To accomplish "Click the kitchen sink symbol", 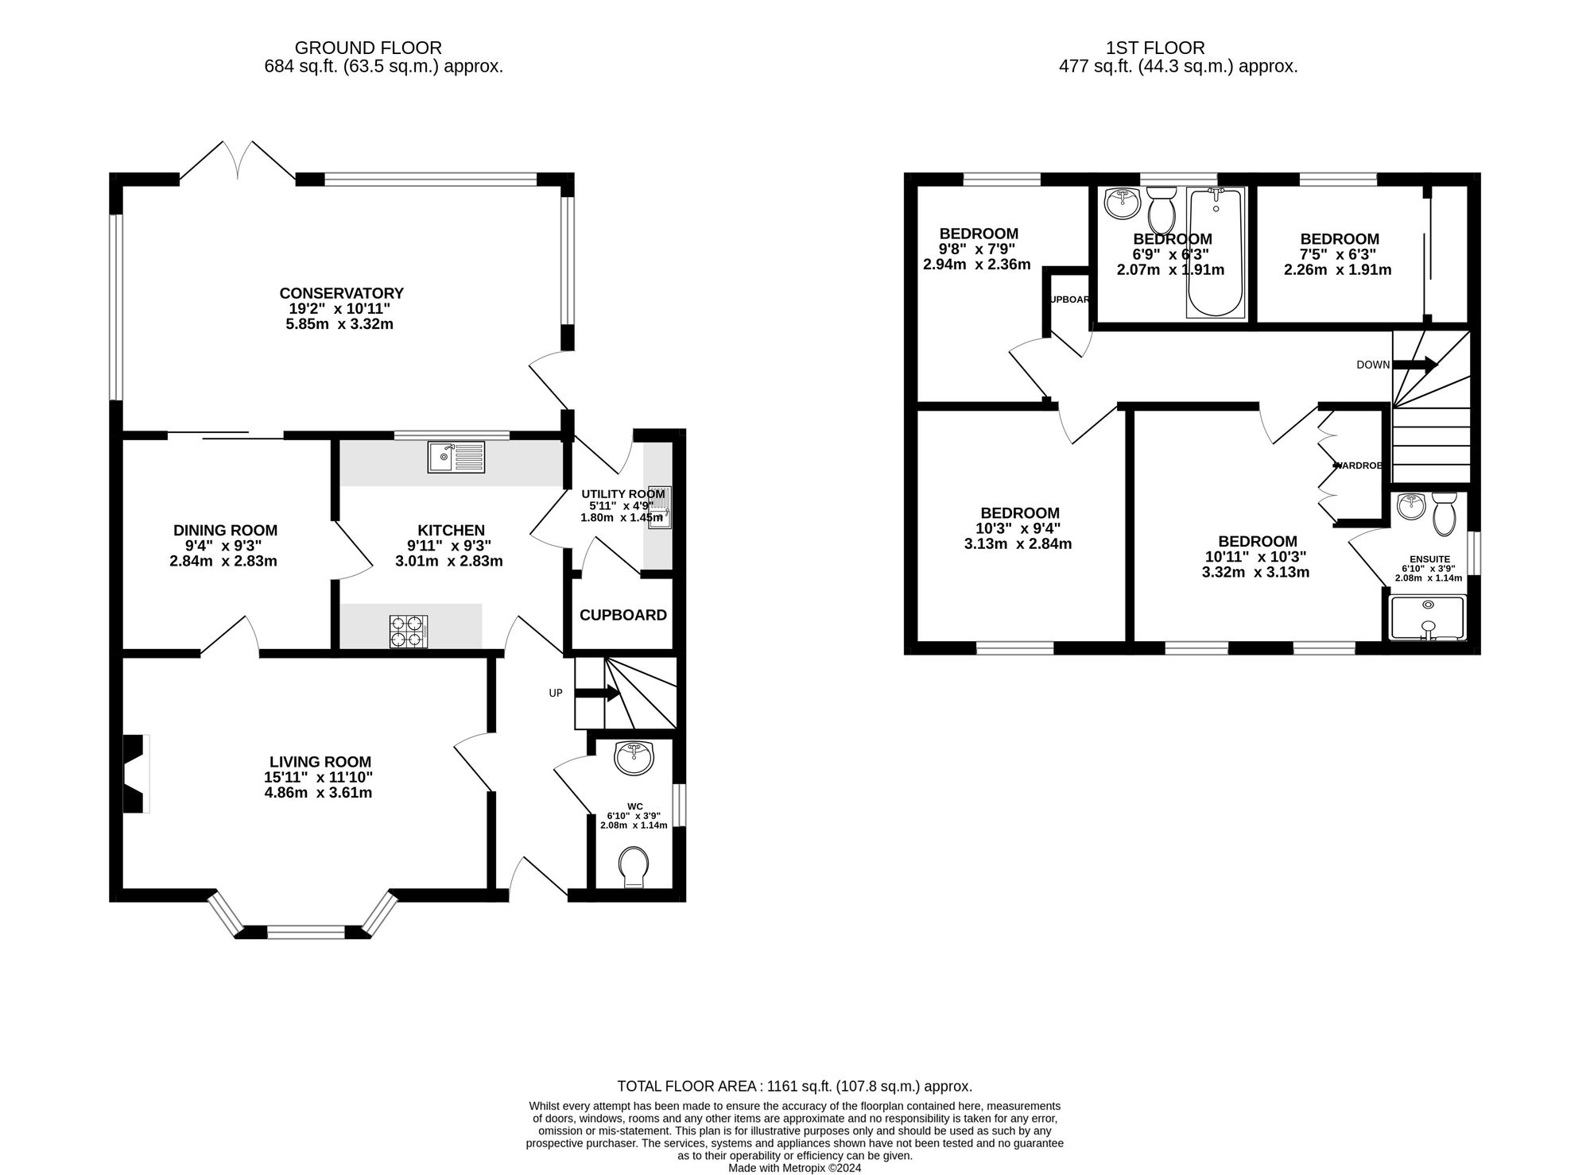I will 456,457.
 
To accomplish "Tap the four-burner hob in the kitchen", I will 408,632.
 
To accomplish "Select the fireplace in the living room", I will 135,774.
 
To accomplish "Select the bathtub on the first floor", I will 1216,253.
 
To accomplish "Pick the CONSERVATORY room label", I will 341,293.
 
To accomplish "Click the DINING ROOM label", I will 226,530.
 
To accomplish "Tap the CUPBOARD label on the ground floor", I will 623,615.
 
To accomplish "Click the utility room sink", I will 661,507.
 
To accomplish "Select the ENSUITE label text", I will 1429,559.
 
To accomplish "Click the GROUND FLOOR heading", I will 368,48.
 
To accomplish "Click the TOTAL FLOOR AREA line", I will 794,1086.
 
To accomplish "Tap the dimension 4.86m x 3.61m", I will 318,793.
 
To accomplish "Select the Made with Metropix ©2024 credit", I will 794,1168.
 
